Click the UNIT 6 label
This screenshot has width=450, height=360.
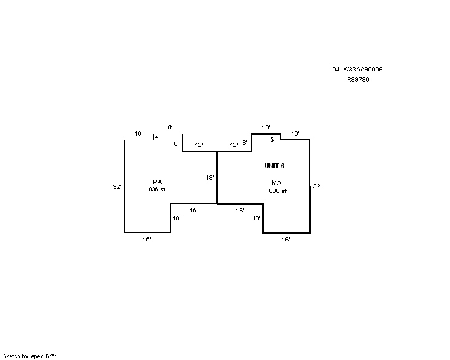tap(274, 166)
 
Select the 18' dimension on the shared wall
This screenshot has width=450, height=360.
tap(210, 178)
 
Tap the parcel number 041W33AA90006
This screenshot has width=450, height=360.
tap(357, 69)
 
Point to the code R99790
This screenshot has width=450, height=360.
tap(358, 79)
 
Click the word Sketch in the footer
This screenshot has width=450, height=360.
tap(12, 356)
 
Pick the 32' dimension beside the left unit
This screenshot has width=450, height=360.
tap(117, 186)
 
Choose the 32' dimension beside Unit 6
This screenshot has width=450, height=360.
tap(317, 186)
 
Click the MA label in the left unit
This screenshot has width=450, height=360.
tap(157, 182)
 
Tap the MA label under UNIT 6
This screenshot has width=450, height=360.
tap(276, 183)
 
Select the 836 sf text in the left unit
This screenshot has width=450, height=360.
tap(157, 189)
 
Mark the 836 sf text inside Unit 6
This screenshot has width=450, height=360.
tap(278, 191)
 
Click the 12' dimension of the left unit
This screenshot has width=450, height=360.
tap(198, 145)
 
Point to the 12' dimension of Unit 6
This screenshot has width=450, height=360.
tap(234, 145)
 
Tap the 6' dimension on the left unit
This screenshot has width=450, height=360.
tap(176, 143)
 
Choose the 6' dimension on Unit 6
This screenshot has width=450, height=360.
tap(244, 142)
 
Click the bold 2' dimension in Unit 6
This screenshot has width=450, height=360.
tap(273, 139)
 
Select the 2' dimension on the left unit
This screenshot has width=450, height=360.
tap(156, 136)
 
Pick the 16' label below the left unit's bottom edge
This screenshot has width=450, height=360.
tap(147, 240)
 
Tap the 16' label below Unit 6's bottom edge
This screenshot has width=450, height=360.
tap(286, 240)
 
